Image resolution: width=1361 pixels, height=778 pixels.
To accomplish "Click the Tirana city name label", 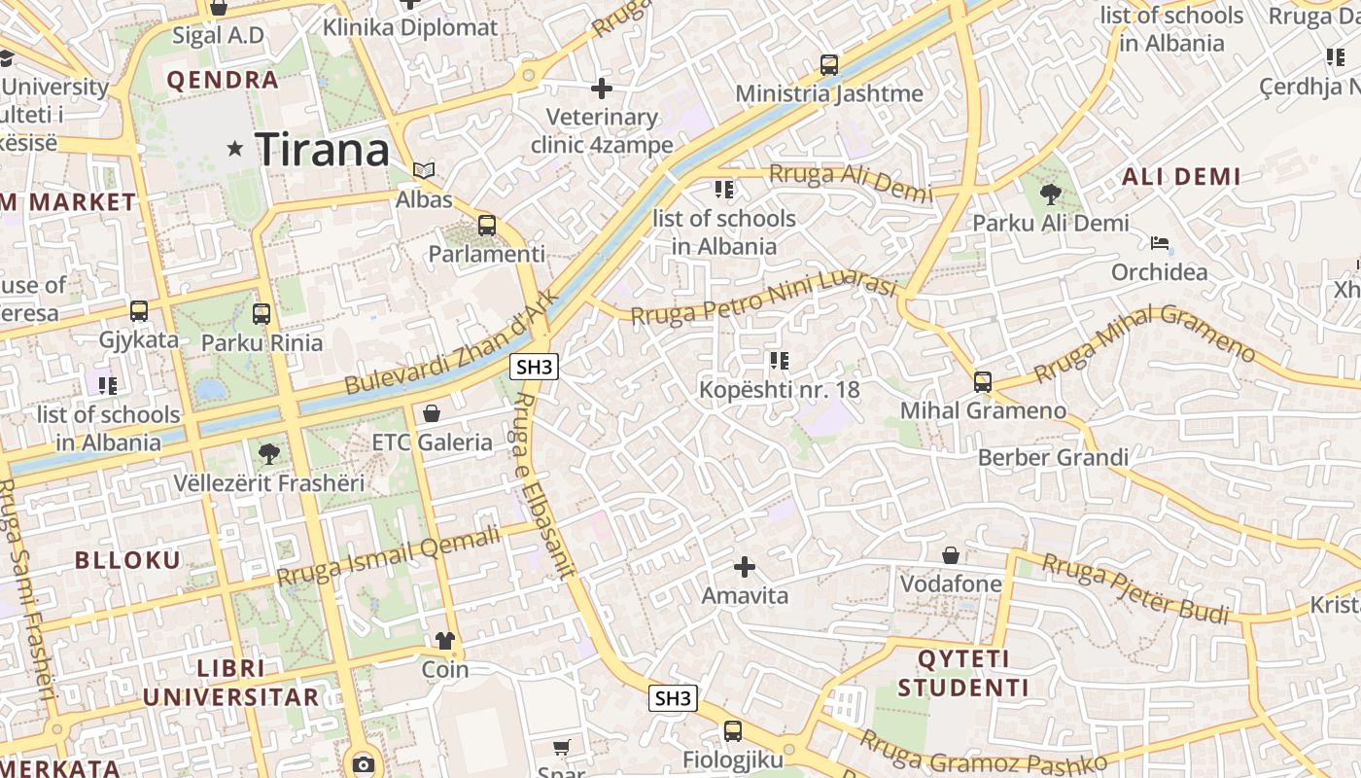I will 322,150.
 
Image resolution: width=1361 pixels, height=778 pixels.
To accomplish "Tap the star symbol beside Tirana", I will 234,149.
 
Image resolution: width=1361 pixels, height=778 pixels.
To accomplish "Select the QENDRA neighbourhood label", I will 223,80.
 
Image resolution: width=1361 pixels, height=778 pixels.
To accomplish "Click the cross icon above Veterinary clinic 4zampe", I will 602,88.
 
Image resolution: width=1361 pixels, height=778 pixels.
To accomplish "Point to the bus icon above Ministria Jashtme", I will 828,65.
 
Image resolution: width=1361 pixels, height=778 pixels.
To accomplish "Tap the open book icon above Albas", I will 424,170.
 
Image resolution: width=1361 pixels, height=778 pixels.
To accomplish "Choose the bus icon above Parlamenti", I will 487,226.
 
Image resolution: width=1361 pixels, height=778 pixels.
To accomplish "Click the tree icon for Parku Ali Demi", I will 1050,194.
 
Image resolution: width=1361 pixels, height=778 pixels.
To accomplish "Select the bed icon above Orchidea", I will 1159,242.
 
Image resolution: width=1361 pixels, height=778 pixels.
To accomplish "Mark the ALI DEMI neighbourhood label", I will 1181,177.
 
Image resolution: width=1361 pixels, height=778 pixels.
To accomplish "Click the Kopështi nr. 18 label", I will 780,390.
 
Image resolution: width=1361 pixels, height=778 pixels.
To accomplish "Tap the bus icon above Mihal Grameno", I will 983,382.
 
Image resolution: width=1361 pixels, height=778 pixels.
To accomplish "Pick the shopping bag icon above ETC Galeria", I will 432,413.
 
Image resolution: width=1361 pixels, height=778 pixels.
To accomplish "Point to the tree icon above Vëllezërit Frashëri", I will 268,453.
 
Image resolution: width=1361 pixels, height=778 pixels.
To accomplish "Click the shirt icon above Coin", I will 445,640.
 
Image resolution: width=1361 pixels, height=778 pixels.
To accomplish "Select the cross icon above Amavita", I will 745,567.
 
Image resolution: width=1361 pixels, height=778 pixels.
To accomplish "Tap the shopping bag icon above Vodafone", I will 951,555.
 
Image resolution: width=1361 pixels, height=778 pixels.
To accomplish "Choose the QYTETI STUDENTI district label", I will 962,673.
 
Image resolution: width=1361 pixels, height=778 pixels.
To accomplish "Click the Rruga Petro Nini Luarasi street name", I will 762,300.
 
